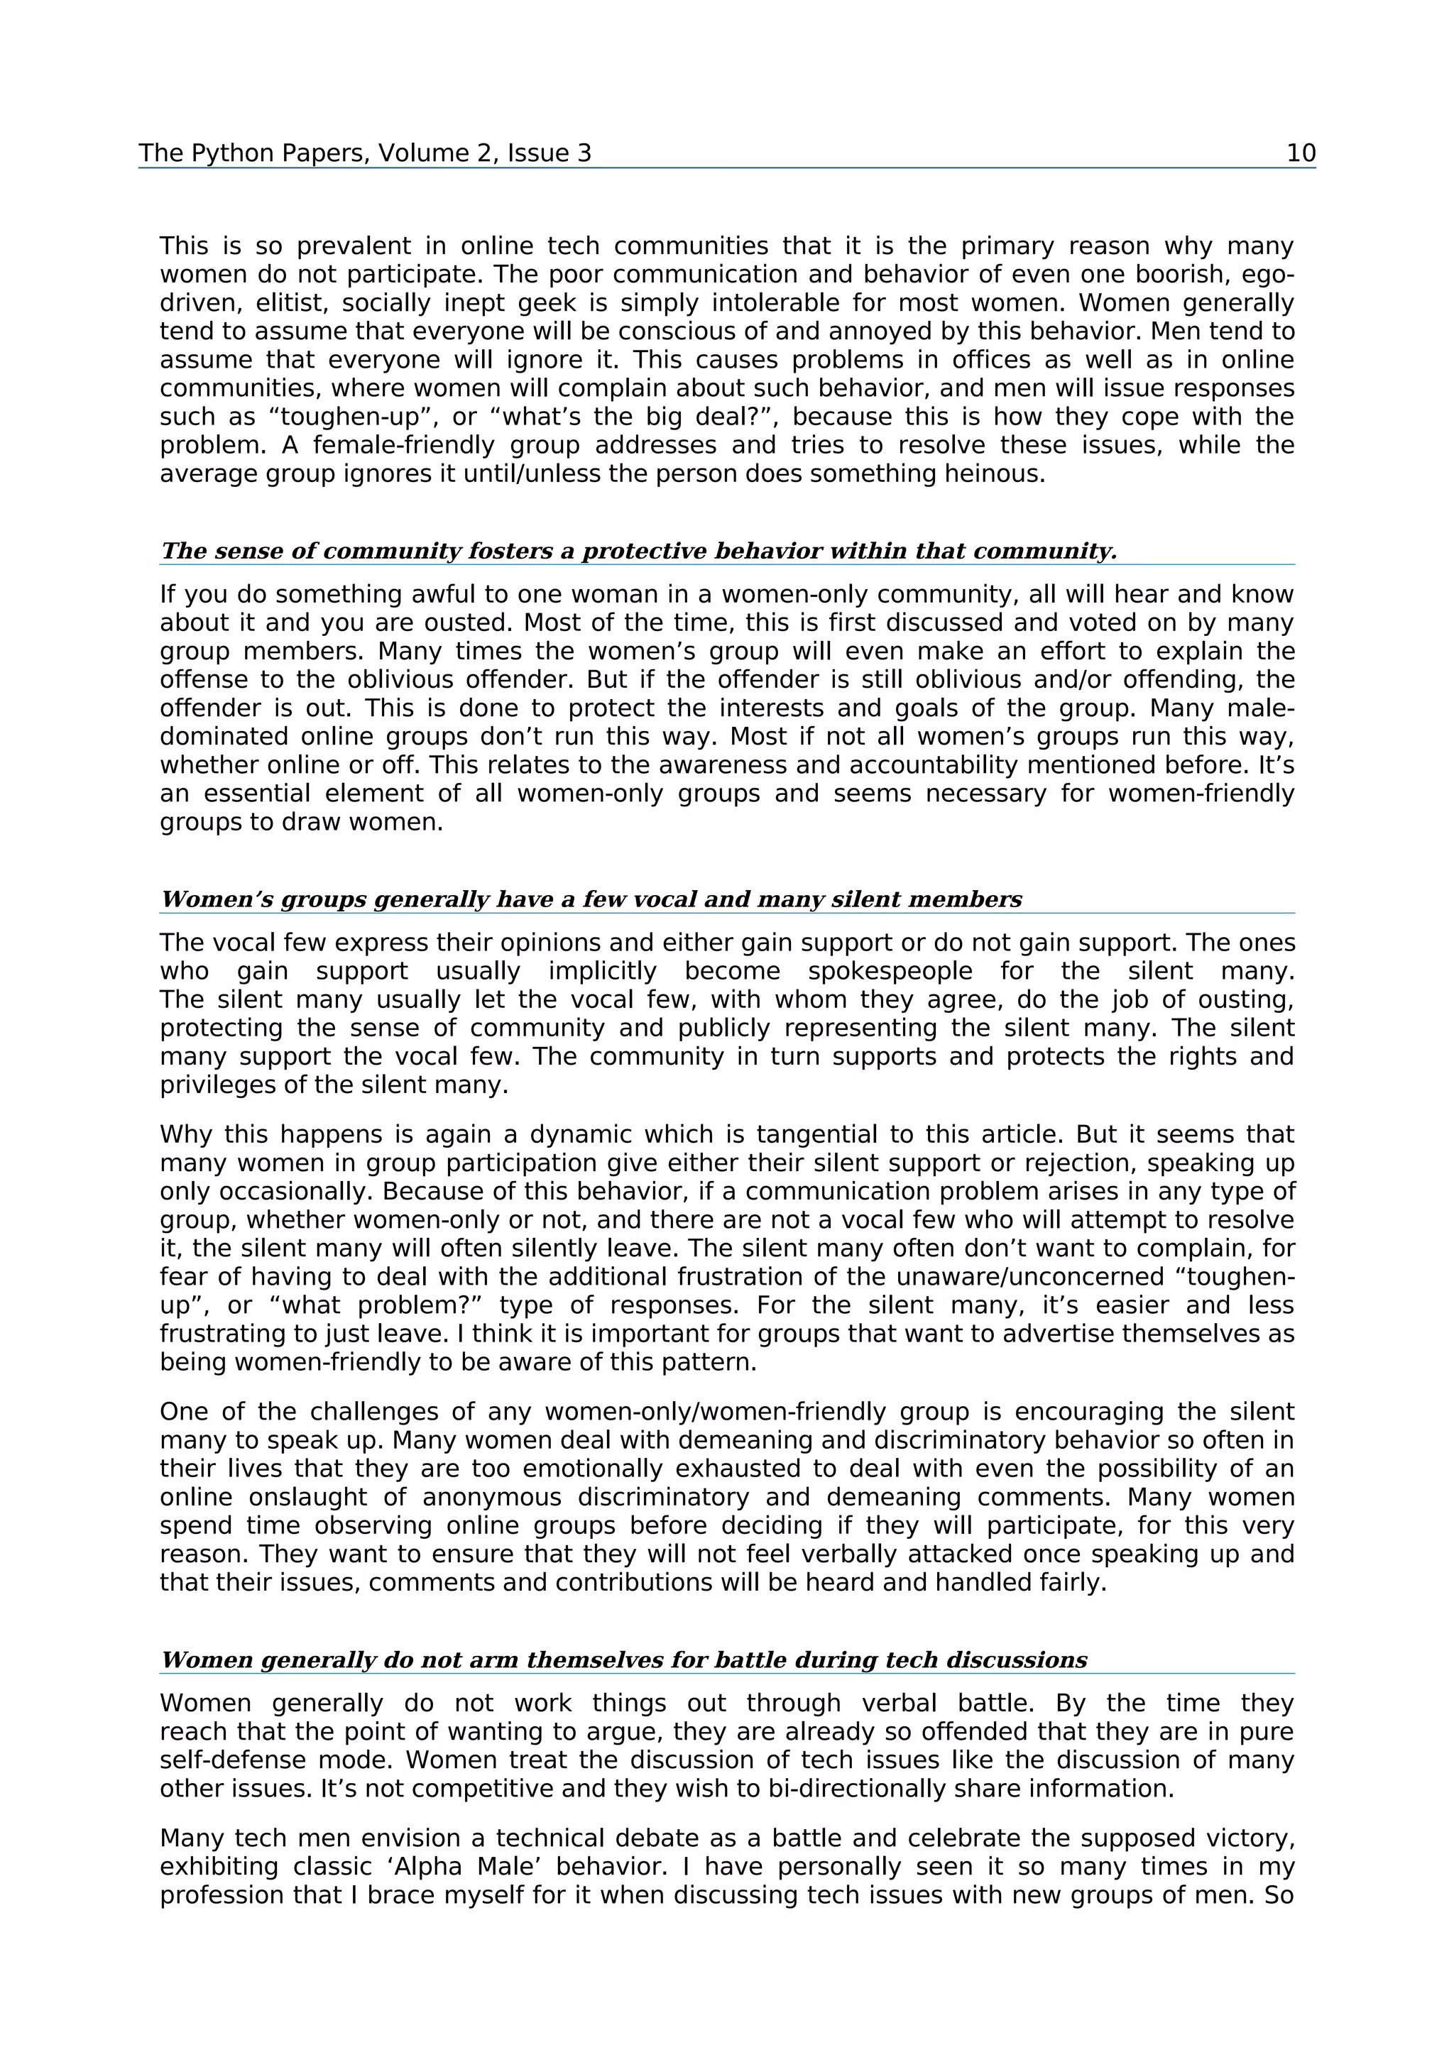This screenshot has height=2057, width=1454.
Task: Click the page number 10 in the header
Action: [x=1301, y=153]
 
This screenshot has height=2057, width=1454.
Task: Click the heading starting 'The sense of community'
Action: [x=638, y=551]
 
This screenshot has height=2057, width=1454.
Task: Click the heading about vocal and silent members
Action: [x=591, y=899]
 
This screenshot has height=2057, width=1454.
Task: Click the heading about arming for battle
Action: [x=623, y=1660]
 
